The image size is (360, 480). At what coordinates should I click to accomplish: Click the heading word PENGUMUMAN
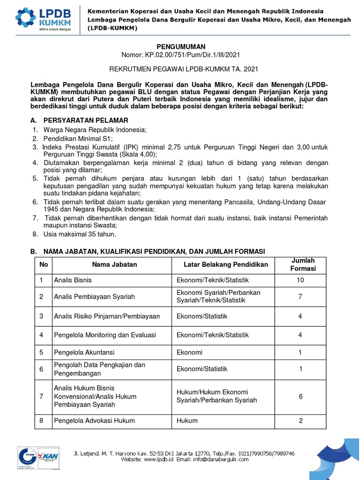pos(181,46)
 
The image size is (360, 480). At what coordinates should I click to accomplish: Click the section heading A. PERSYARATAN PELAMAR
pos(80,120)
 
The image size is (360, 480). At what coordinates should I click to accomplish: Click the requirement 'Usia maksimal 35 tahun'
pos(80,234)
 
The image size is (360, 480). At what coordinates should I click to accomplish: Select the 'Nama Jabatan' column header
pos(114,264)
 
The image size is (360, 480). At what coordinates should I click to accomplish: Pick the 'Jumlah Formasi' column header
pos(303,264)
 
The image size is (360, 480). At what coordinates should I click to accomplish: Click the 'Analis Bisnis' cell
pos(73,280)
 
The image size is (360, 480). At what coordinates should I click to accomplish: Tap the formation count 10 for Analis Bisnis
pos(300,280)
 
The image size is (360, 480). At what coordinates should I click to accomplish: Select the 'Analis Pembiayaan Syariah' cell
pos(94,297)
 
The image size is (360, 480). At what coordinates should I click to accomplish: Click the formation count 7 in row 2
pos(300,297)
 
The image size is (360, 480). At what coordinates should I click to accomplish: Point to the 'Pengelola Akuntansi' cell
pos(84,352)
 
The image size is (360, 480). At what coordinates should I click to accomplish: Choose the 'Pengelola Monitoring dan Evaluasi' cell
pos(105,335)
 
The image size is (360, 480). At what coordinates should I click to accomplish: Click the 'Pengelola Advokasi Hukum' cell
pos(94,420)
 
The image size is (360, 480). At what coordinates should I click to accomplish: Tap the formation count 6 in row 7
pos(300,396)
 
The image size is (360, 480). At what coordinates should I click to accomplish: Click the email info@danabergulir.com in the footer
pos(222,460)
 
